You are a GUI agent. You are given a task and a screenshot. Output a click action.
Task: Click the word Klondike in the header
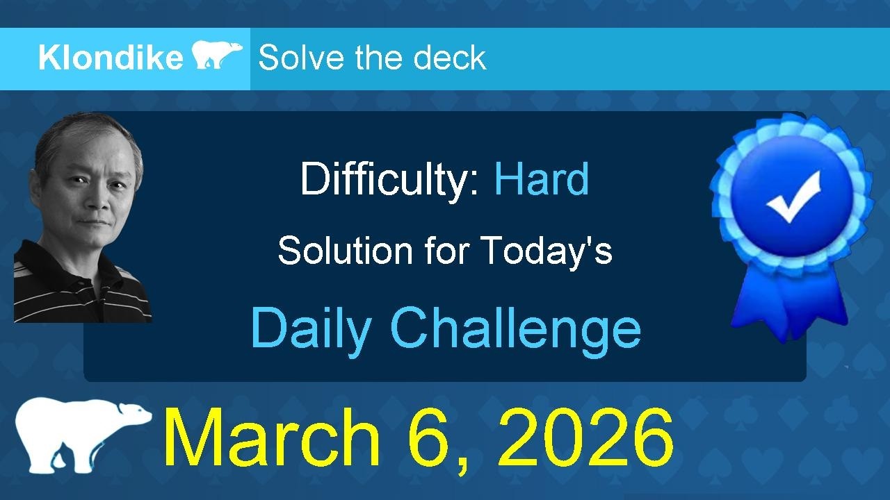[x=110, y=58]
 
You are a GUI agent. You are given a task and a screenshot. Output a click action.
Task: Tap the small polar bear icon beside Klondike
[x=217, y=55]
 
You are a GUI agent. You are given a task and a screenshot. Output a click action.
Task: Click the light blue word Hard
[x=541, y=179]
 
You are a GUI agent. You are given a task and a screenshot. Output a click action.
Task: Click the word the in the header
[x=375, y=58]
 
